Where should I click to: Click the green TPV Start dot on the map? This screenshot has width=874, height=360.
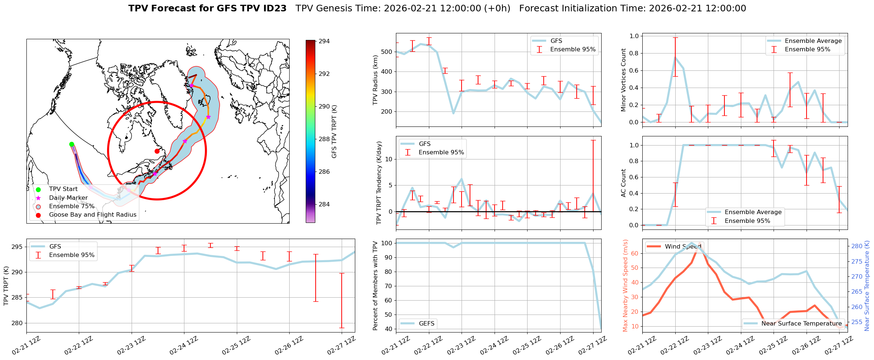[71, 144]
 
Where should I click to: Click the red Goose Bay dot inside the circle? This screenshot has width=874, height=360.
[157, 151]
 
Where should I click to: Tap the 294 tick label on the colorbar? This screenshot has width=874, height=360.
[324, 41]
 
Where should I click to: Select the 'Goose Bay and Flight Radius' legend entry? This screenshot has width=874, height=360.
[92, 215]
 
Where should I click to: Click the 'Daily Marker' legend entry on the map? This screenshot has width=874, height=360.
[68, 198]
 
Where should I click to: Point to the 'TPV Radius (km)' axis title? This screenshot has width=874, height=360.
[375, 80]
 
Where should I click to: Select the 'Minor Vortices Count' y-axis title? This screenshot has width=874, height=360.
[623, 80]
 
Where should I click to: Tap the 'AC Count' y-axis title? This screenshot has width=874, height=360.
[623, 183]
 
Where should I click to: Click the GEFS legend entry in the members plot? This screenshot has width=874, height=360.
[426, 323]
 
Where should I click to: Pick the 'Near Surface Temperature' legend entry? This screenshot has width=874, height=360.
[801, 323]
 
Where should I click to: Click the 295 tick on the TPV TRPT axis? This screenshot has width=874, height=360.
[17, 247]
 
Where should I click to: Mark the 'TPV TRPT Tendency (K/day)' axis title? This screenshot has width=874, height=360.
[379, 183]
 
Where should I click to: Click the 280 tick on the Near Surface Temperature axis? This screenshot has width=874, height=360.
[857, 246]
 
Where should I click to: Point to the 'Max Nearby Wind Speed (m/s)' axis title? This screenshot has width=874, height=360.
[625, 286]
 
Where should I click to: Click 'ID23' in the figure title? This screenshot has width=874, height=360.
[275, 8]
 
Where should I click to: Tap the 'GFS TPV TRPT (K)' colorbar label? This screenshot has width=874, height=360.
[334, 132]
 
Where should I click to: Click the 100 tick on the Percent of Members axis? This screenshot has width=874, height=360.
[387, 243]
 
